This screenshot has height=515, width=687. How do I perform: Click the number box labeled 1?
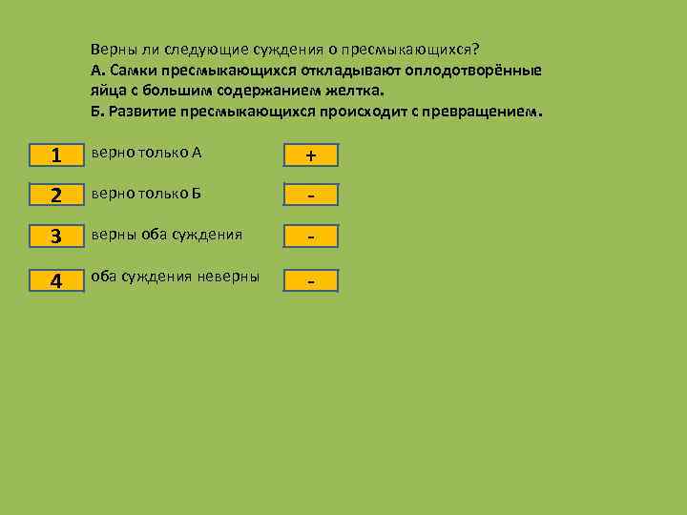pos(56,155)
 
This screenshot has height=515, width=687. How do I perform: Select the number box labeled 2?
pos(56,196)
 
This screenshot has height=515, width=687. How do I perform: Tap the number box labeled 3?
pos(56,236)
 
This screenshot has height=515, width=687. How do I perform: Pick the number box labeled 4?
pos(56,280)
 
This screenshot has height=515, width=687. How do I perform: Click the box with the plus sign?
pos(310,155)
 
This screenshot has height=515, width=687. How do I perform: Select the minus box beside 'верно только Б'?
pos(310,196)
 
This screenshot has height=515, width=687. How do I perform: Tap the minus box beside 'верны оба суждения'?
pos(310,236)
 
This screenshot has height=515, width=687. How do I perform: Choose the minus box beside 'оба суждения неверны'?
pos(310,280)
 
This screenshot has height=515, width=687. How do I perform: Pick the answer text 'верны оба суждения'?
pos(166,234)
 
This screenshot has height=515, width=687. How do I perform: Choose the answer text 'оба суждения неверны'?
pos(175,277)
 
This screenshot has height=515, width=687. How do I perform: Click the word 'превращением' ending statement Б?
pos(487,111)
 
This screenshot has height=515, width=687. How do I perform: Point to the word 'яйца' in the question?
pos(107,91)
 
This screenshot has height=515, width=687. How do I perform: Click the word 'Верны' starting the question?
pos(111,50)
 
